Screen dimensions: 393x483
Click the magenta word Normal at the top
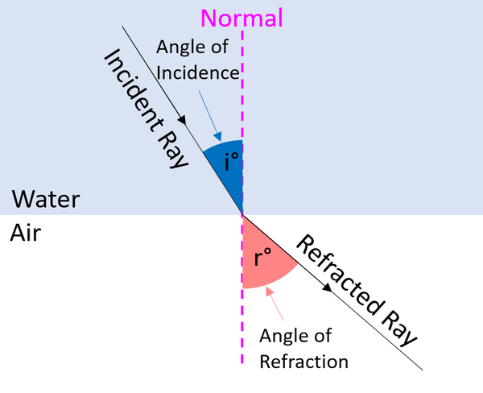pyautogui.click(x=242, y=17)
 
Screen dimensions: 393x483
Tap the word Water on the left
pyautogui.click(x=46, y=197)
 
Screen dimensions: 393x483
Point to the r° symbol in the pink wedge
pyautogui.click(x=262, y=258)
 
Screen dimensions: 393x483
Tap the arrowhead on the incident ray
pyautogui.click(x=184, y=121)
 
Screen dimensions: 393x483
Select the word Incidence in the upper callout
pyautogui.click(x=198, y=72)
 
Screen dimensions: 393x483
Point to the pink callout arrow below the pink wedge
pyautogui.click(x=279, y=309)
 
